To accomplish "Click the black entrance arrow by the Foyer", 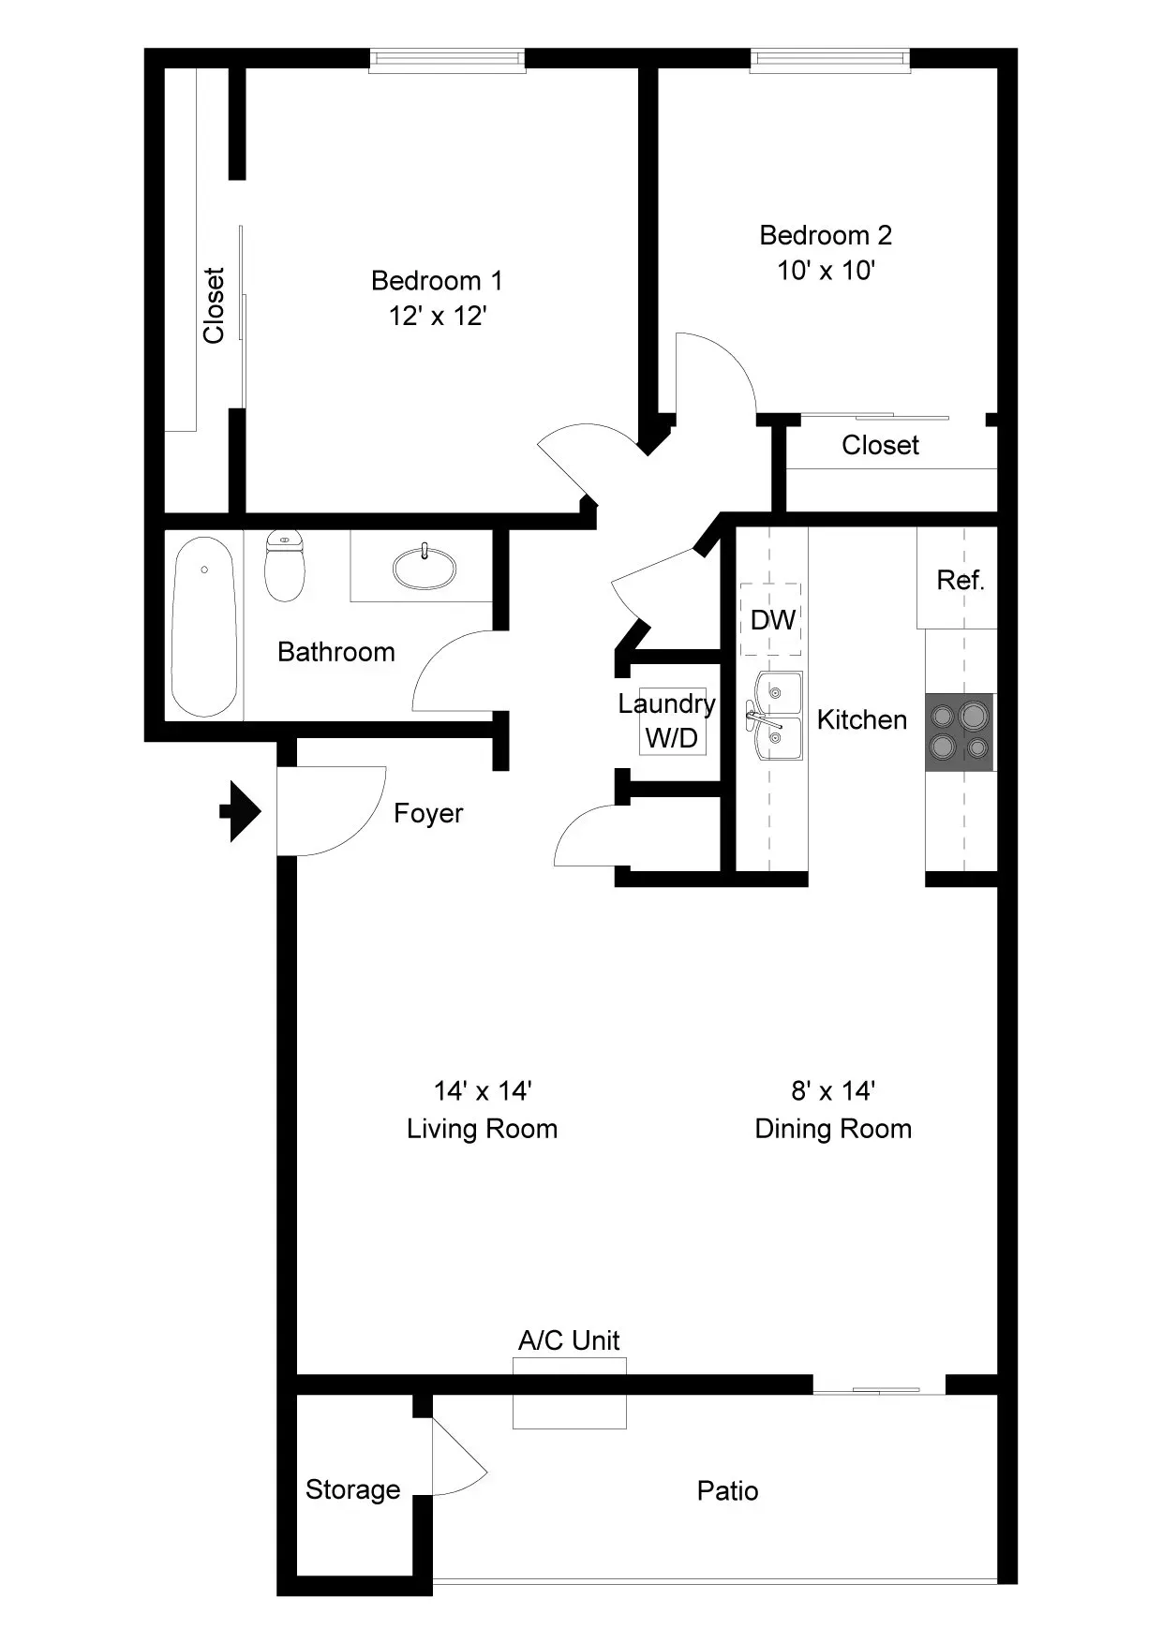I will pos(241,811).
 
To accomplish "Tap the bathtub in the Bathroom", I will pos(204,626).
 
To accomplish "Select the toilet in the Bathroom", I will pos(285,566).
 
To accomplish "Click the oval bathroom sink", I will pos(425,568).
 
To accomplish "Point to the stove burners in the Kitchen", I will pos(960,732).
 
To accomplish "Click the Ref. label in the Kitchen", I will pos(961,581).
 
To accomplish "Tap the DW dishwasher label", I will pos(772,619).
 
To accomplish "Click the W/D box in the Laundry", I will pos(672,737).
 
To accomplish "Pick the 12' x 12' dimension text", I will pos(438,316).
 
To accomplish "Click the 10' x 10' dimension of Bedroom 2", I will pos(826,271).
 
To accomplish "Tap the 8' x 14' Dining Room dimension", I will pos(833,1090).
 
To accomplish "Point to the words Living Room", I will pos(482,1129).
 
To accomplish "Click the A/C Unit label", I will pos(569,1340).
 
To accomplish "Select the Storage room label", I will pos(352,1489).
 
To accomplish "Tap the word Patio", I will pos(727,1490).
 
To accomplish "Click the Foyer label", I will pos(428,813).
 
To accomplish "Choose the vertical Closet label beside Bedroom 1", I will pos(214,305).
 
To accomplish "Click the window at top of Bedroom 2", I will pos(829,60).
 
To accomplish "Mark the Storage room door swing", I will pos(457,1466).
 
